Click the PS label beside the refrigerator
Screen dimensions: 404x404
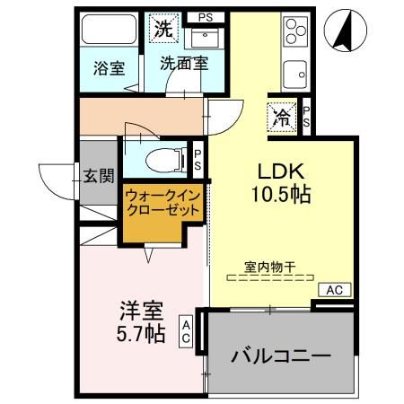305,117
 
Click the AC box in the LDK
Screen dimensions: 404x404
333,290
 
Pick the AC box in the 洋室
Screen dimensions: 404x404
185,330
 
